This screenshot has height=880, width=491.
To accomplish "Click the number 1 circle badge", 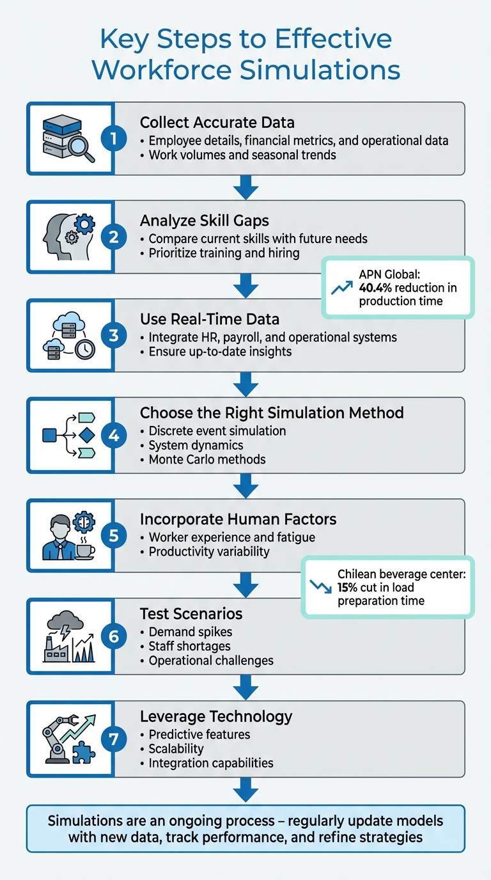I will (114, 138).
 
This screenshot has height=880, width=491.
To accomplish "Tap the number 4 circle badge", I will (114, 436).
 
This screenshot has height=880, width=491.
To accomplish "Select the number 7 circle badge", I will (114, 739).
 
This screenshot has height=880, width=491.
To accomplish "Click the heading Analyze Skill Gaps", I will (204, 221).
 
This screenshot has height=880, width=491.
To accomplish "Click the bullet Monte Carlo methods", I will (207, 459).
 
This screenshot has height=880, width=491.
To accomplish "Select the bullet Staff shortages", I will (189, 646).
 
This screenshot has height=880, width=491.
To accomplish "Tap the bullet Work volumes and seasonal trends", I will (242, 155).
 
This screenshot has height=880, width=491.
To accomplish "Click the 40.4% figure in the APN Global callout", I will (377, 288).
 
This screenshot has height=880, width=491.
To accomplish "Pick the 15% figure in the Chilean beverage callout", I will (348, 588).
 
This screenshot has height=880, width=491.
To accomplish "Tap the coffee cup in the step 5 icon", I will (84, 549).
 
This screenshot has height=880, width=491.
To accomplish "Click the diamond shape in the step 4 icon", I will (86, 436).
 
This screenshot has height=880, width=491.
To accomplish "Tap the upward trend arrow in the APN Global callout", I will (342, 288).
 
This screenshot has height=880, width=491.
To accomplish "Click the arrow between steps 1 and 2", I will (245, 187).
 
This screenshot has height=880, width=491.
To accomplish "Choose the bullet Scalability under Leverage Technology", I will (176, 748).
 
